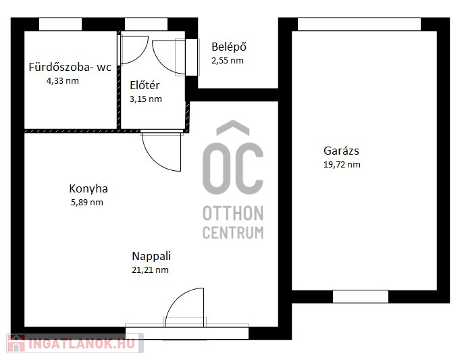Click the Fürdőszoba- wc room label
click(70, 67)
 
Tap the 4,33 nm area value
click(62, 81)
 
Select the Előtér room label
click(145, 85)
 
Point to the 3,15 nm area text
click(146, 99)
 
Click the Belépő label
click(229, 47)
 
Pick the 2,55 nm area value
click(228, 61)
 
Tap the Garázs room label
click(341, 151)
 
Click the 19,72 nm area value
click(342, 165)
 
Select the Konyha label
click(88, 188)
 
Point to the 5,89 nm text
click(86, 203)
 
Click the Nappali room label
click(151, 256)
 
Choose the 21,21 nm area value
click(150, 270)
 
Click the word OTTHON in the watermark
click(233, 213)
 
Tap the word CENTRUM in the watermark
click(233, 232)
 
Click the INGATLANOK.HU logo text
click(82, 344)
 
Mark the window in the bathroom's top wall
click(60, 24)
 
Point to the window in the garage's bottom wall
click(361, 297)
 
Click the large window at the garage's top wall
click(359, 24)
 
